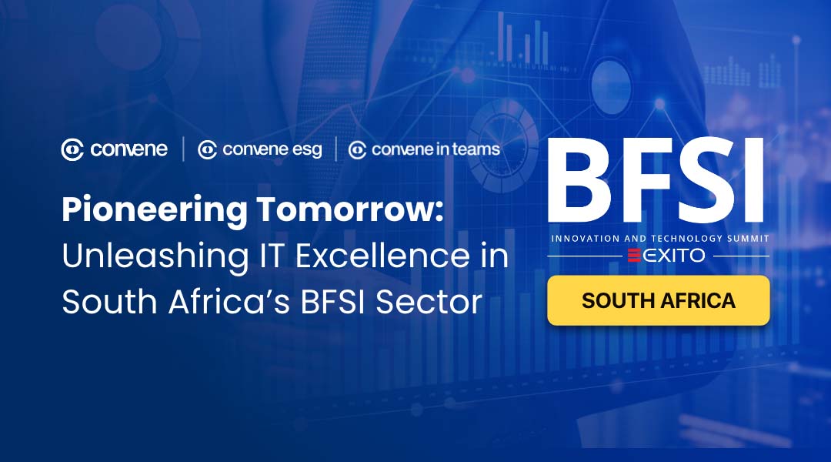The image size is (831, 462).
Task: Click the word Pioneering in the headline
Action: coord(155,210)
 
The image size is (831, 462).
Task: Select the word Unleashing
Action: coord(155,256)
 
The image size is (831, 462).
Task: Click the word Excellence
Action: coord(382,256)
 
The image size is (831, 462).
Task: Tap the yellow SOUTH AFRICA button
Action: coord(658,300)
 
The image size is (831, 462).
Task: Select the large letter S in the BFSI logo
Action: coord(704,180)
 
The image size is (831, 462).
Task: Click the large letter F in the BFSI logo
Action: coord(645,180)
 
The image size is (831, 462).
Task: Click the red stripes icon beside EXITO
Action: coord(634,256)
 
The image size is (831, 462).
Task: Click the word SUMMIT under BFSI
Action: coord(748,239)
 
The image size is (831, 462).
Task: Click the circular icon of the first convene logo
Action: coord(72,149)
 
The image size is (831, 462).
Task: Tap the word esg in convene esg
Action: coord(307,150)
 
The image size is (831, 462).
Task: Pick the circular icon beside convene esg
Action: coord(207,150)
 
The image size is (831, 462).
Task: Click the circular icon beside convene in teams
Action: coord(357,150)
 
